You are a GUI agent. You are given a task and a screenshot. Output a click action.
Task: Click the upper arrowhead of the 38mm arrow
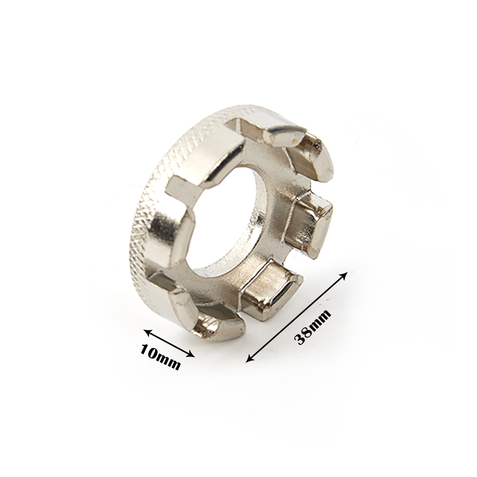coord(345,275)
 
